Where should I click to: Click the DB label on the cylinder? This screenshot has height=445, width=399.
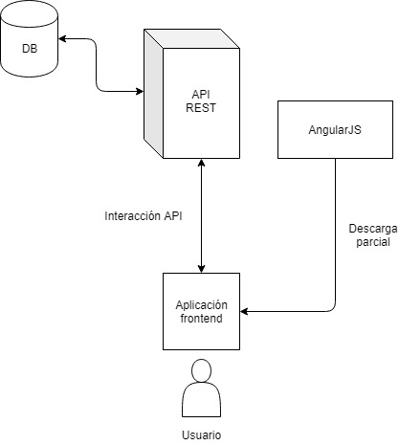[30, 49]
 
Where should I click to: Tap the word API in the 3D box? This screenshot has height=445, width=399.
[201, 95]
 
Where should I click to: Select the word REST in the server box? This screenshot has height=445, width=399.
[201, 108]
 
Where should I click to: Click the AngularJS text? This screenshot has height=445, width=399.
[335, 130]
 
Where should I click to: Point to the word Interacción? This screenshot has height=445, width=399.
[133, 216]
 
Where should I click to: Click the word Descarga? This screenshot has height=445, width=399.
[373, 229]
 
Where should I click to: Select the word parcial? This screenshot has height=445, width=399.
[373, 242]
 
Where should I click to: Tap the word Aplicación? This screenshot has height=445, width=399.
[201, 305]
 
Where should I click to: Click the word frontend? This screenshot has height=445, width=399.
[201, 319]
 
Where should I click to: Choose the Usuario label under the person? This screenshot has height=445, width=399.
[201, 434]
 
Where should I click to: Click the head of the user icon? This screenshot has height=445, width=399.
[201, 370]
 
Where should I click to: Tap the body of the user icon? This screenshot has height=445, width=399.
[201, 399]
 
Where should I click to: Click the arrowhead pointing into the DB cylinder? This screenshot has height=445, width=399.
[62, 39]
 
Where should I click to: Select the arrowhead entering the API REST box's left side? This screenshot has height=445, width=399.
[140, 92]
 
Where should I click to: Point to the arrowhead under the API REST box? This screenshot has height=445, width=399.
[201, 163]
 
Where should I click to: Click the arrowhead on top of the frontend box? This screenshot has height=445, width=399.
[201, 269]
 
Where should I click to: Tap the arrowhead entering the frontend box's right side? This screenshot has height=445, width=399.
[244, 311]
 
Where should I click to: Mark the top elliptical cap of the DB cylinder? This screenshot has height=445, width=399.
[30, 13]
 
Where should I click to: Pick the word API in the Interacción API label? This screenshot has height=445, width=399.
[173, 216]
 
